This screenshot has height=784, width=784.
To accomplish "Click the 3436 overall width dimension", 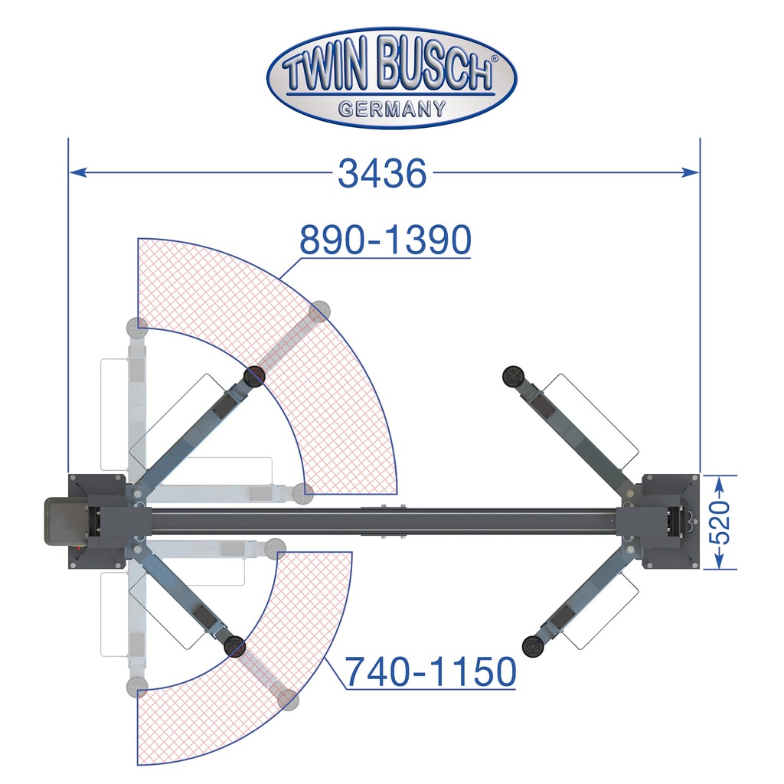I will (x=382, y=174).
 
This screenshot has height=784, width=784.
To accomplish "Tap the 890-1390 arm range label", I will (x=385, y=241).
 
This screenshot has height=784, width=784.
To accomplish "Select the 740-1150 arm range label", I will (x=430, y=673).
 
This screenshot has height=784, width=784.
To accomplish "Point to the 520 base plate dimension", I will (x=722, y=522).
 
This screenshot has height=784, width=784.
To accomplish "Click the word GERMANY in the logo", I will (x=392, y=108).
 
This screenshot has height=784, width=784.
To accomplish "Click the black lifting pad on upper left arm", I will (x=254, y=375).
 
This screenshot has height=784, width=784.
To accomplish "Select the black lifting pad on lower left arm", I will (x=234, y=647).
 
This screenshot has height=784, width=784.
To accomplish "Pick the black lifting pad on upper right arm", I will (x=511, y=376).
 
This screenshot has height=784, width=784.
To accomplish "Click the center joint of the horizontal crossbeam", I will (x=383, y=523).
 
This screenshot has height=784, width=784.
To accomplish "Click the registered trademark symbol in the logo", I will (x=495, y=59).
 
